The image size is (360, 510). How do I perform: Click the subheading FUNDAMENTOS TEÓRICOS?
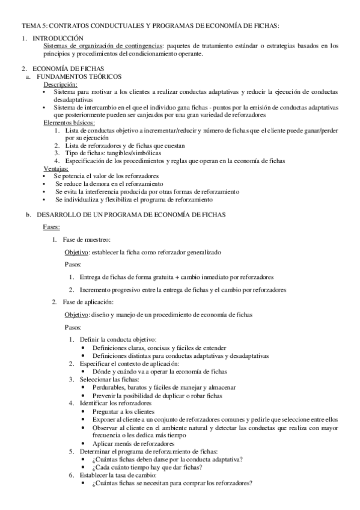(79, 77)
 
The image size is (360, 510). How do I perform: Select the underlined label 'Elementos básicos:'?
(69, 123)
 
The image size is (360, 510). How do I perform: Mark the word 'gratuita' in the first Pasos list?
(160, 277)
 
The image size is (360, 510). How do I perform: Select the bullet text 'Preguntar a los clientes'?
(124, 411)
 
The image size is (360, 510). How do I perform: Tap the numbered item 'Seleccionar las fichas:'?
(109, 379)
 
